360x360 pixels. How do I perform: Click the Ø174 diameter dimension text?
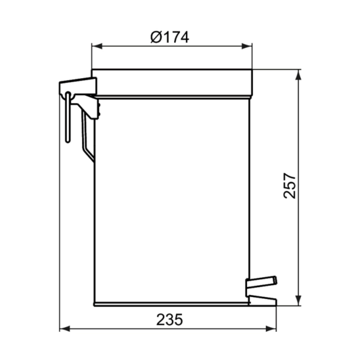coord(170,37)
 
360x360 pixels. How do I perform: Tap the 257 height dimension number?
coord(289,186)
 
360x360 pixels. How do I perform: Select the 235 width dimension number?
coord(169,319)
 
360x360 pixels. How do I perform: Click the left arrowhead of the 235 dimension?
coord(64,329)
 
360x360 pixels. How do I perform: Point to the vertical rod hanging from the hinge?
coord(68,118)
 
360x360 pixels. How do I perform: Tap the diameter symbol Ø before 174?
coord(155,37)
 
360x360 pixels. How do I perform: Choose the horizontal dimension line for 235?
coord(118,329)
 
